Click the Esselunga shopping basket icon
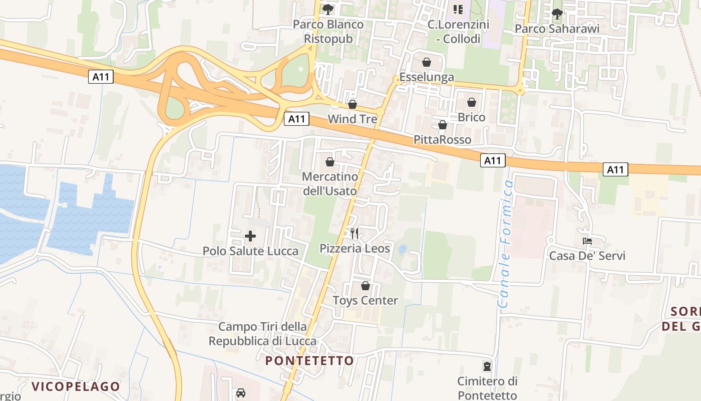427,62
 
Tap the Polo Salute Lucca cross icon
250,236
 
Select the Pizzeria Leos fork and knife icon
355,233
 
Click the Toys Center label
366,301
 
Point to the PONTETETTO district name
309,361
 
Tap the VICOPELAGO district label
76,386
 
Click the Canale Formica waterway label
506,244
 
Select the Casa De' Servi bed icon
587,241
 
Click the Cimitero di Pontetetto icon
487,366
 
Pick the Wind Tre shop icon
353,104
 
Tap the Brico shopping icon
472,102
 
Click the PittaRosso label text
443,139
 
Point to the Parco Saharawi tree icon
557,14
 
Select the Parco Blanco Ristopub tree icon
328,9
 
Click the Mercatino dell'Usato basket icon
330,162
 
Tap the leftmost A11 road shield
101,77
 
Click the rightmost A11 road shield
615,169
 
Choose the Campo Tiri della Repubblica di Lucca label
263,334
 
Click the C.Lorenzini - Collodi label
458,31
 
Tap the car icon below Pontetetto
241,393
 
